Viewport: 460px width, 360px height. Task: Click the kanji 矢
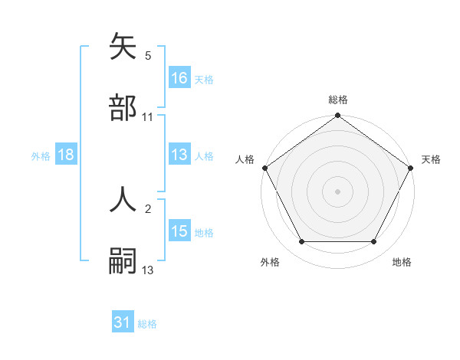(x=123, y=48)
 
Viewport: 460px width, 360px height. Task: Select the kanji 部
(x=123, y=107)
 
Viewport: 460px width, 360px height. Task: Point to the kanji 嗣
(x=123, y=260)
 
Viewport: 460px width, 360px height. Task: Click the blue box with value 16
(x=179, y=78)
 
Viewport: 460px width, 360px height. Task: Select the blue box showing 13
(x=179, y=155)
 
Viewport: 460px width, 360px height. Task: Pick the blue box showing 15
(x=179, y=231)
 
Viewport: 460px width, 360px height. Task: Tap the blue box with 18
(x=66, y=155)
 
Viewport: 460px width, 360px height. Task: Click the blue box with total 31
(x=123, y=322)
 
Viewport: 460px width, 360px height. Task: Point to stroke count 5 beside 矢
(x=148, y=56)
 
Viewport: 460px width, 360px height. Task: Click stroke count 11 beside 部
(x=148, y=117)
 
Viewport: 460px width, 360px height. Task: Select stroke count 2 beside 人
(x=148, y=208)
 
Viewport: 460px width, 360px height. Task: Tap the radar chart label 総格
(x=337, y=100)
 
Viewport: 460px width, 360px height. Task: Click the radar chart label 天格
(x=431, y=159)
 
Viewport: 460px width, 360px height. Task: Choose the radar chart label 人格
(x=245, y=159)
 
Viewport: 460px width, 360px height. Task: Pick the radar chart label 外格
(x=270, y=262)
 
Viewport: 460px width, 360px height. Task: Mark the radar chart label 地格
(x=402, y=262)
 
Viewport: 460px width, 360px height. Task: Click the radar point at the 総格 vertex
(x=337, y=116)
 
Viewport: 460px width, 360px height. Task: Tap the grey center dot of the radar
(x=337, y=191)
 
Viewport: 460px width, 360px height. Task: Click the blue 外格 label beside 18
(x=41, y=155)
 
